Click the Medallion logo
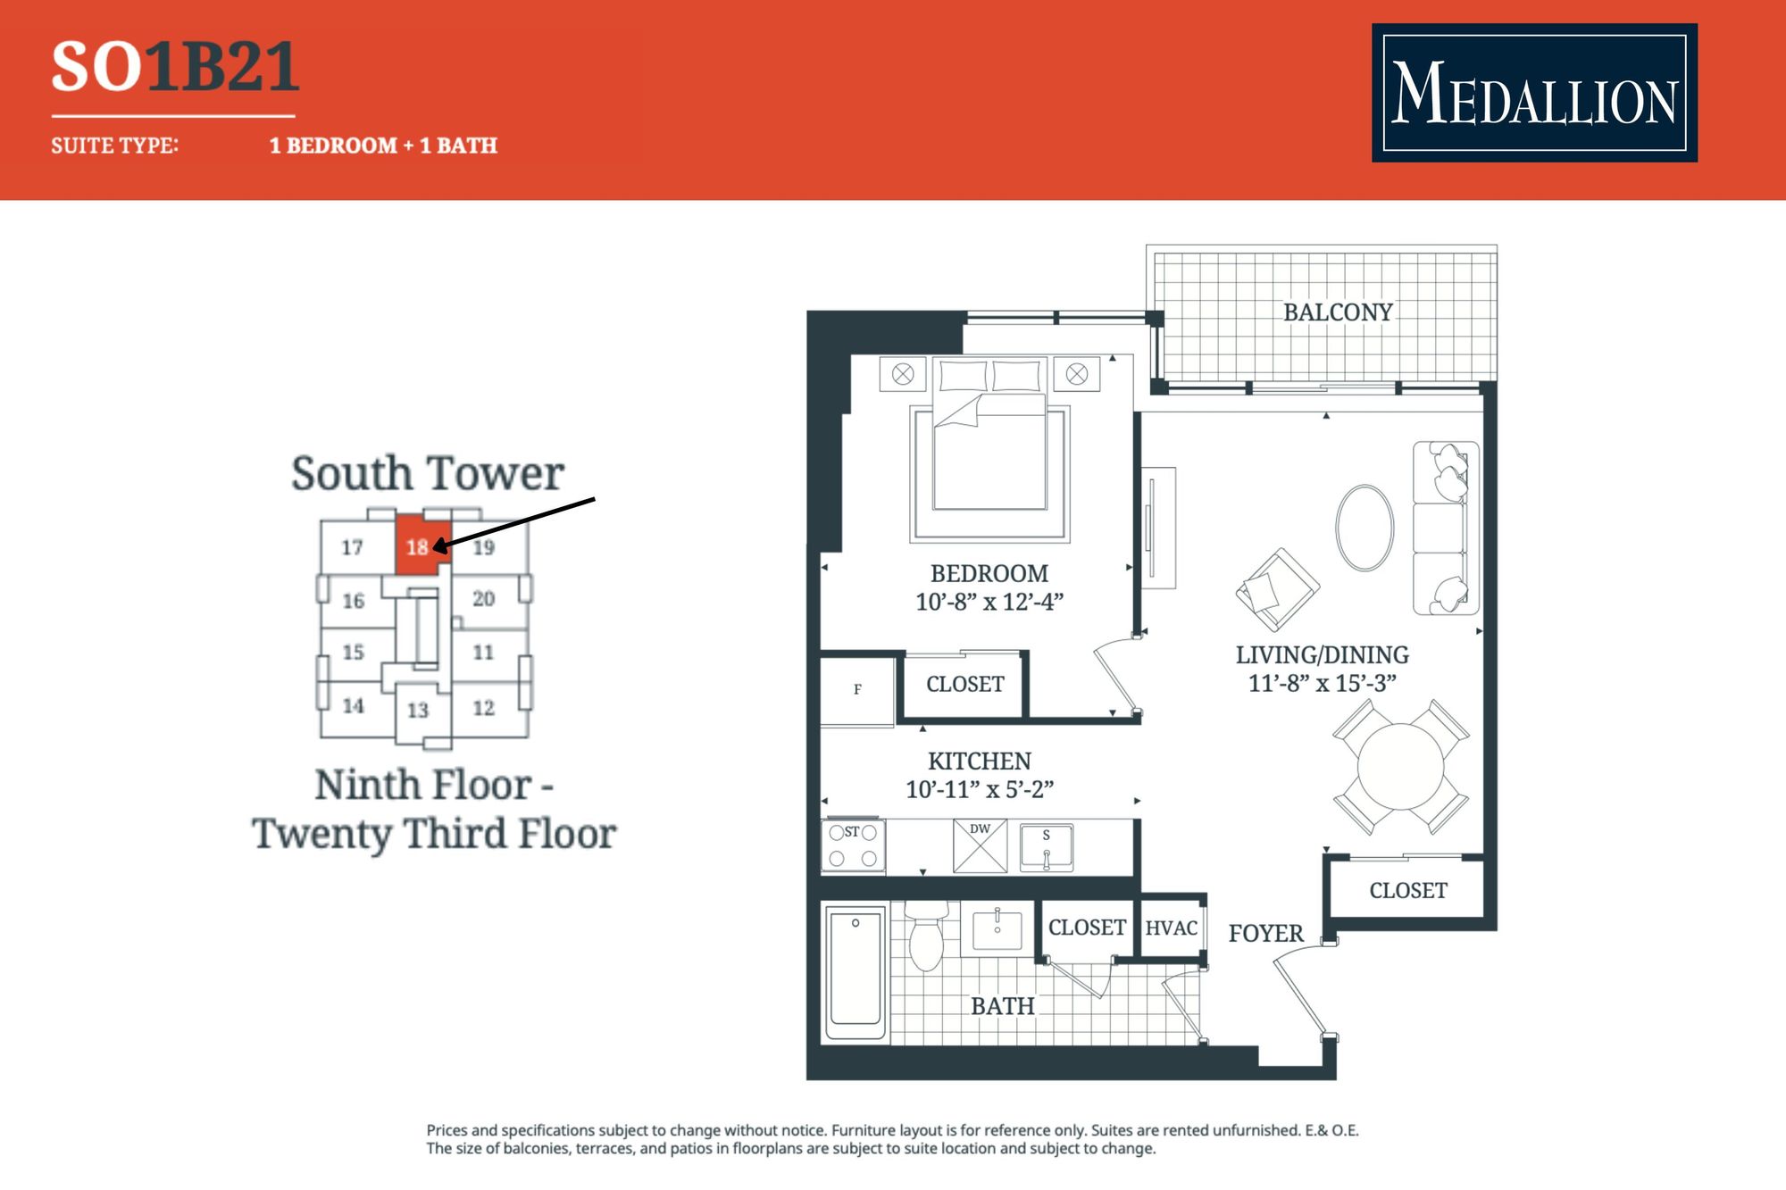tap(1534, 93)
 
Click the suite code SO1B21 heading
tap(175, 67)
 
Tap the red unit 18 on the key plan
tap(420, 545)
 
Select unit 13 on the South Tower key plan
tap(418, 711)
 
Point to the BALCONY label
tap(1338, 312)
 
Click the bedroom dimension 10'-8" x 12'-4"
tap(989, 602)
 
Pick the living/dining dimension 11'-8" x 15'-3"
tap(1322, 683)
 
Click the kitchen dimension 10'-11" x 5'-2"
tap(980, 789)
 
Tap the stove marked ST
tap(853, 845)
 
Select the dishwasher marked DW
tap(980, 845)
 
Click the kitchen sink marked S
tap(1046, 847)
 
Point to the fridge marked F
tap(857, 690)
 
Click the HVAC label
tap(1171, 928)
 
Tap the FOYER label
tap(1265, 934)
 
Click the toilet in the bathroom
tap(926, 936)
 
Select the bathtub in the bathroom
tap(855, 972)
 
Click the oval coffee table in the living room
tap(1365, 528)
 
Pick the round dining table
tap(1400, 766)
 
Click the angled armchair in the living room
tap(1278, 589)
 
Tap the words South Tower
tap(428, 473)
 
